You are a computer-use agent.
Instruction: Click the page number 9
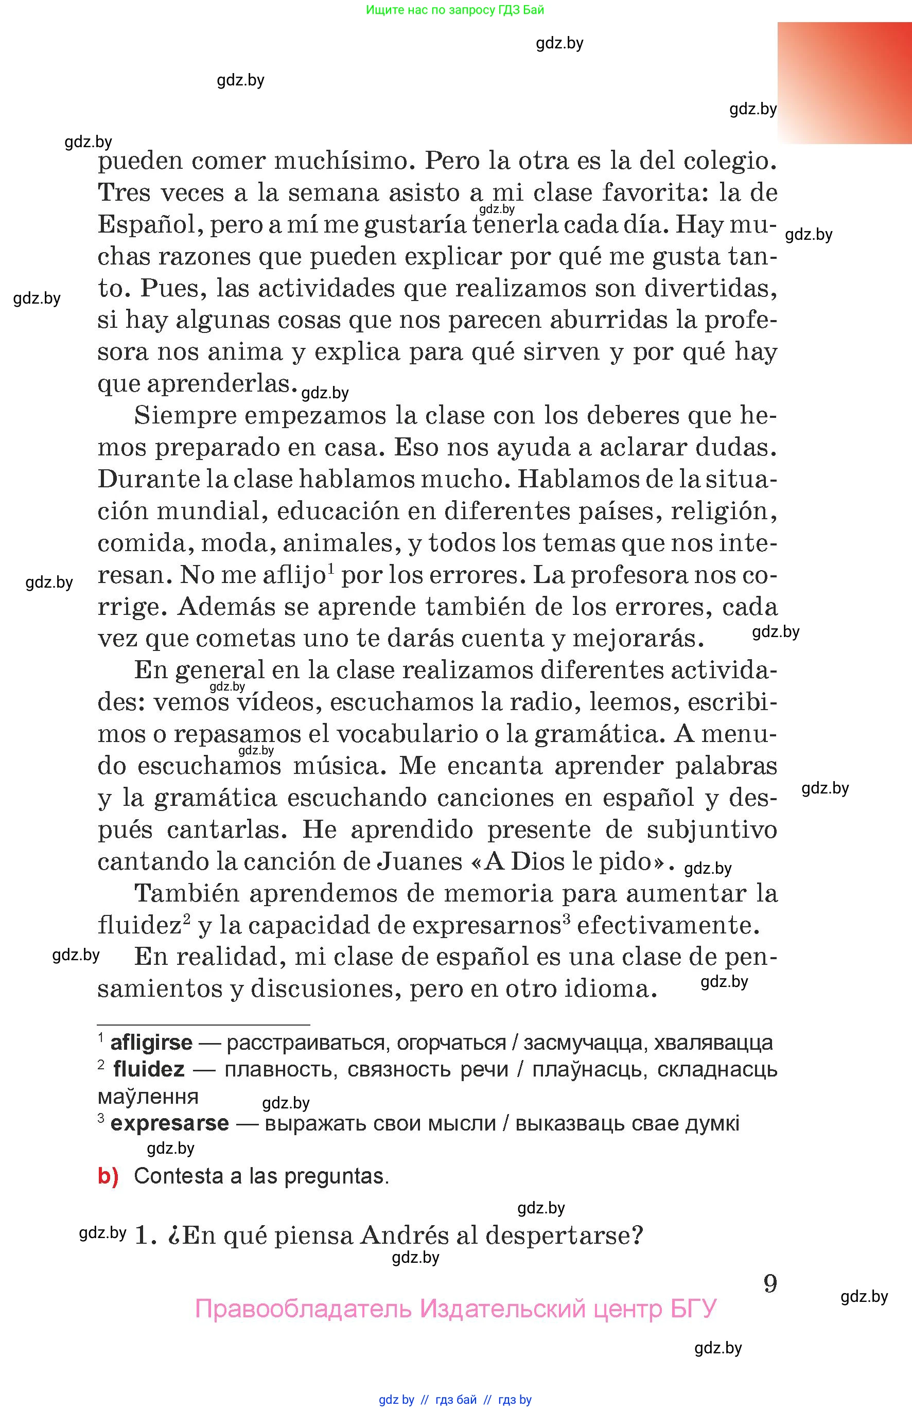coord(770,1283)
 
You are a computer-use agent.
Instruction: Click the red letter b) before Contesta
coord(108,1176)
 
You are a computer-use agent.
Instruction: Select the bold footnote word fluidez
coord(149,1069)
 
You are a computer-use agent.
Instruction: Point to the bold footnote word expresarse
coord(169,1123)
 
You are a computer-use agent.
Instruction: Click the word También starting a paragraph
coord(185,893)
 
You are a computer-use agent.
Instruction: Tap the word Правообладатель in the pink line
coord(303,1309)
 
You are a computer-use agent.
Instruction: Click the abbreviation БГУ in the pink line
coord(693,1309)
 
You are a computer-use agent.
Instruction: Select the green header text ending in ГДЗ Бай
coord(455,10)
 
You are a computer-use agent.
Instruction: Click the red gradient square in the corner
coord(845,83)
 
